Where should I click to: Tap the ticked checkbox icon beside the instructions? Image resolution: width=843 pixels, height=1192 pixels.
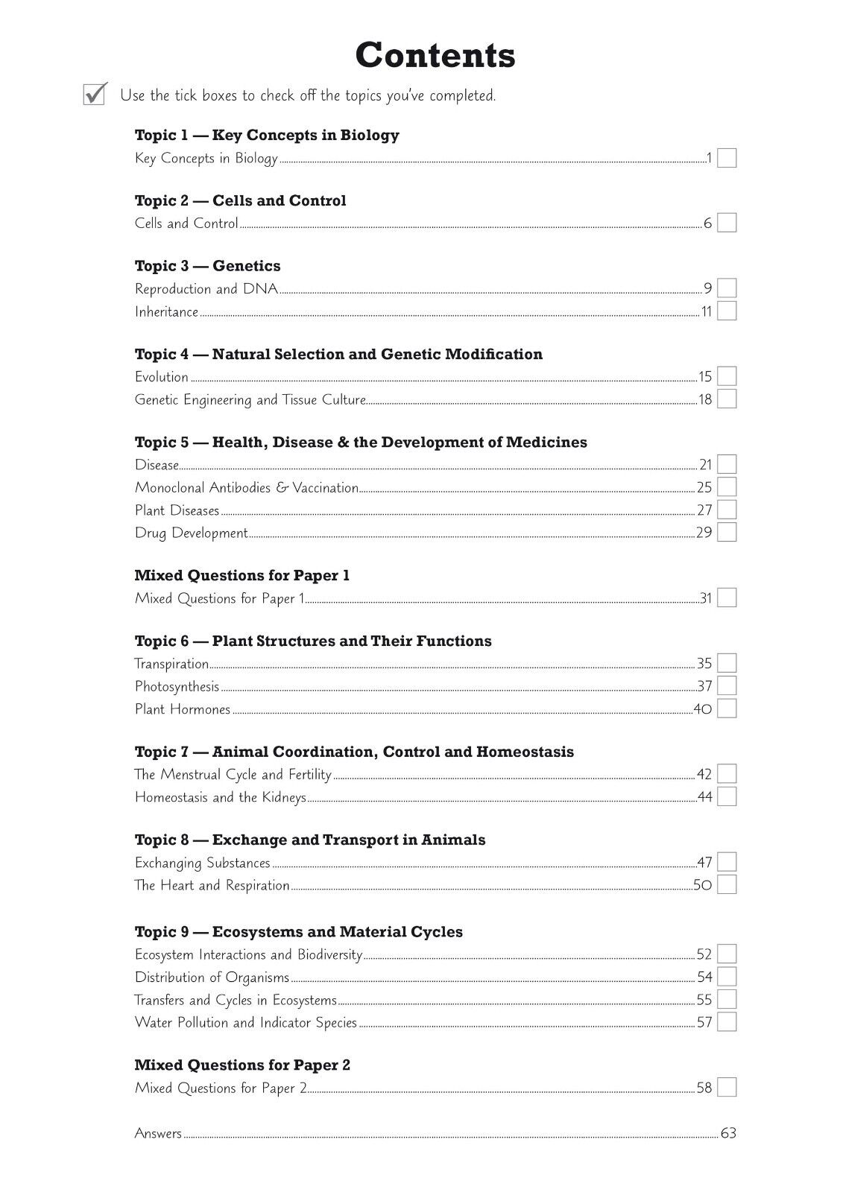coord(95,94)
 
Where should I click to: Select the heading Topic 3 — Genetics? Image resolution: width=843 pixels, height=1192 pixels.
coord(207,266)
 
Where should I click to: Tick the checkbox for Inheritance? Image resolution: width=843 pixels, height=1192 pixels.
coord(727,311)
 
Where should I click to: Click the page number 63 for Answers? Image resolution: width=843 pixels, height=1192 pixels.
coord(728,1133)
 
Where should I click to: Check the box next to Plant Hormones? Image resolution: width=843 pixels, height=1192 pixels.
coord(727,708)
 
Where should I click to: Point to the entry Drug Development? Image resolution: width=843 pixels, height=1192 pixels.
coord(191,533)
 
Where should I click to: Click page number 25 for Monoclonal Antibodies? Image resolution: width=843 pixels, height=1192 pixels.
coord(704,487)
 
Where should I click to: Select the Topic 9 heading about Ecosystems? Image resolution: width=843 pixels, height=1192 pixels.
coord(298,932)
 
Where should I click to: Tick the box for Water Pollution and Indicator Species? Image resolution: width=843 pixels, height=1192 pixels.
coord(727,1022)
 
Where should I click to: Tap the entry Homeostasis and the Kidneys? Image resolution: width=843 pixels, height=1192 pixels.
coord(220,797)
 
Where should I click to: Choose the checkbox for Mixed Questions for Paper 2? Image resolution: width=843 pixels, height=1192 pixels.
coord(727,1088)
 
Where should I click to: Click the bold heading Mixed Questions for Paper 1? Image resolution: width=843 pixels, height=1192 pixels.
coord(241,575)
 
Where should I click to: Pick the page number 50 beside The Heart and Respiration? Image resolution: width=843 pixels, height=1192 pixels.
coord(703,885)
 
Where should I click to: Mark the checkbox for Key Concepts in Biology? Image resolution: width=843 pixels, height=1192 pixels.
coord(727,158)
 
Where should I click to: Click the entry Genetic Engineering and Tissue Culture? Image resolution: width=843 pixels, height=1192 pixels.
coord(250,399)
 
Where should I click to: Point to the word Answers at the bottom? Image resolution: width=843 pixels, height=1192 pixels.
coord(158,1133)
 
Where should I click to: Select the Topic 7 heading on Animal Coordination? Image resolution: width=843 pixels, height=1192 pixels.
coord(354,752)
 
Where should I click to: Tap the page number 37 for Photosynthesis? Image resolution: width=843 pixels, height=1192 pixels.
coord(704,686)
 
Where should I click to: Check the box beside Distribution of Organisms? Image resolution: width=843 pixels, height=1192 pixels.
coord(727,977)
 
